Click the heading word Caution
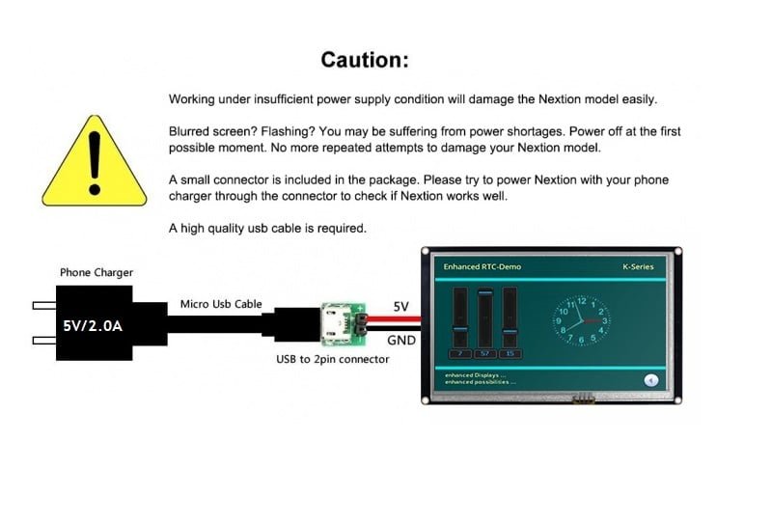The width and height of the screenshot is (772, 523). tap(364, 60)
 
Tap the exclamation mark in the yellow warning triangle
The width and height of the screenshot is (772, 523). tap(94, 159)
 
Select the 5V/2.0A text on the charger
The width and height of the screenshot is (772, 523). tap(93, 326)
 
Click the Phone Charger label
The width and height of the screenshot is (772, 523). tap(96, 273)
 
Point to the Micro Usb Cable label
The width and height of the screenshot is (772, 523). tap(221, 305)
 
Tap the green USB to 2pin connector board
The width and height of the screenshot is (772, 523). tap(344, 324)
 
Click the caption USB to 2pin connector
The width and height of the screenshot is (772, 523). tap(332, 360)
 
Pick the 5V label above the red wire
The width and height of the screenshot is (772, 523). tap(400, 307)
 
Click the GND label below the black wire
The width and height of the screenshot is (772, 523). tap(400, 341)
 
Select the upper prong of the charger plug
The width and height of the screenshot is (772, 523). tap(44, 306)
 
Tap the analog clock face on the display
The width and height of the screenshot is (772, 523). tap(581, 321)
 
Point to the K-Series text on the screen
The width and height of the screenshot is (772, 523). tap(637, 266)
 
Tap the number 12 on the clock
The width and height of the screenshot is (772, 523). tap(582, 302)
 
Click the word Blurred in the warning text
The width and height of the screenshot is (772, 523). tap(191, 130)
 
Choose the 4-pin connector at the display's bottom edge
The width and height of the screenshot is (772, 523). tap(583, 397)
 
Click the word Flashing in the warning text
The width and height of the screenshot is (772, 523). tap(281, 130)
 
